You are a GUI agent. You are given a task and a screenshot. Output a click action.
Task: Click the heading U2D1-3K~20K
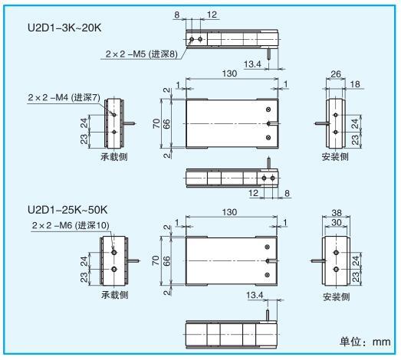(64, 28)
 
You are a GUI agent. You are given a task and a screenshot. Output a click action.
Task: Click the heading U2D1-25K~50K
(67, 210)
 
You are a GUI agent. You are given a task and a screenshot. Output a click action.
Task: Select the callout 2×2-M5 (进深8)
(141, 54)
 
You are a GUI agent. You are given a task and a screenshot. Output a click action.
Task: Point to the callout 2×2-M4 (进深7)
(64, 97)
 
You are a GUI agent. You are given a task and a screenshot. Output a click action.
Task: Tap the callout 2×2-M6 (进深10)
(71, 225)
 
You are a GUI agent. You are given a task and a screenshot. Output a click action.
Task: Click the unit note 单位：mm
(365, 342)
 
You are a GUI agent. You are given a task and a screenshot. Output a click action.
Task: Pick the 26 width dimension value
(336, 74)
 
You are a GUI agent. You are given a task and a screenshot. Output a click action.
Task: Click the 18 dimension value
(355, 84)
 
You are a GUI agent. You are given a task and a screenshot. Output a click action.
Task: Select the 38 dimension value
(337, 213)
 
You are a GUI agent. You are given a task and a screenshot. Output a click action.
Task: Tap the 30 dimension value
(337, 222)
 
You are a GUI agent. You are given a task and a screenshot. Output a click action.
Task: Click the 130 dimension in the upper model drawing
(229, 74)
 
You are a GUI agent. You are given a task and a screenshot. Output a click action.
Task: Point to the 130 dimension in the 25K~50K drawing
(229, 212)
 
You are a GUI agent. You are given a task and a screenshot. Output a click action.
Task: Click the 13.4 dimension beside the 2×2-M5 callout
(252, 64)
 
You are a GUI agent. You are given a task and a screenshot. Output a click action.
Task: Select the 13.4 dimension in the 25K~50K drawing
(255, 295)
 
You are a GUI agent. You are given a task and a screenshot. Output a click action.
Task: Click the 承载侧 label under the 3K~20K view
(114, 156)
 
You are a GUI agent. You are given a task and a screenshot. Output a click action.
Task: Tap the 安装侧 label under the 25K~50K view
(336, 297)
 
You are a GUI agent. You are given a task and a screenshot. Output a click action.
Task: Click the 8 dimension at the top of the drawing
(176, 15)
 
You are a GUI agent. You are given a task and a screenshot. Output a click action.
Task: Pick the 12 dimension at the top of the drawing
(212, 15)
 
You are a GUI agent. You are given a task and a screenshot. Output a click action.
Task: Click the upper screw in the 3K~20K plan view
(268, 110)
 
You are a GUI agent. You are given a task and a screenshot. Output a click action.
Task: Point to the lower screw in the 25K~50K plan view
(268, 275)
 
